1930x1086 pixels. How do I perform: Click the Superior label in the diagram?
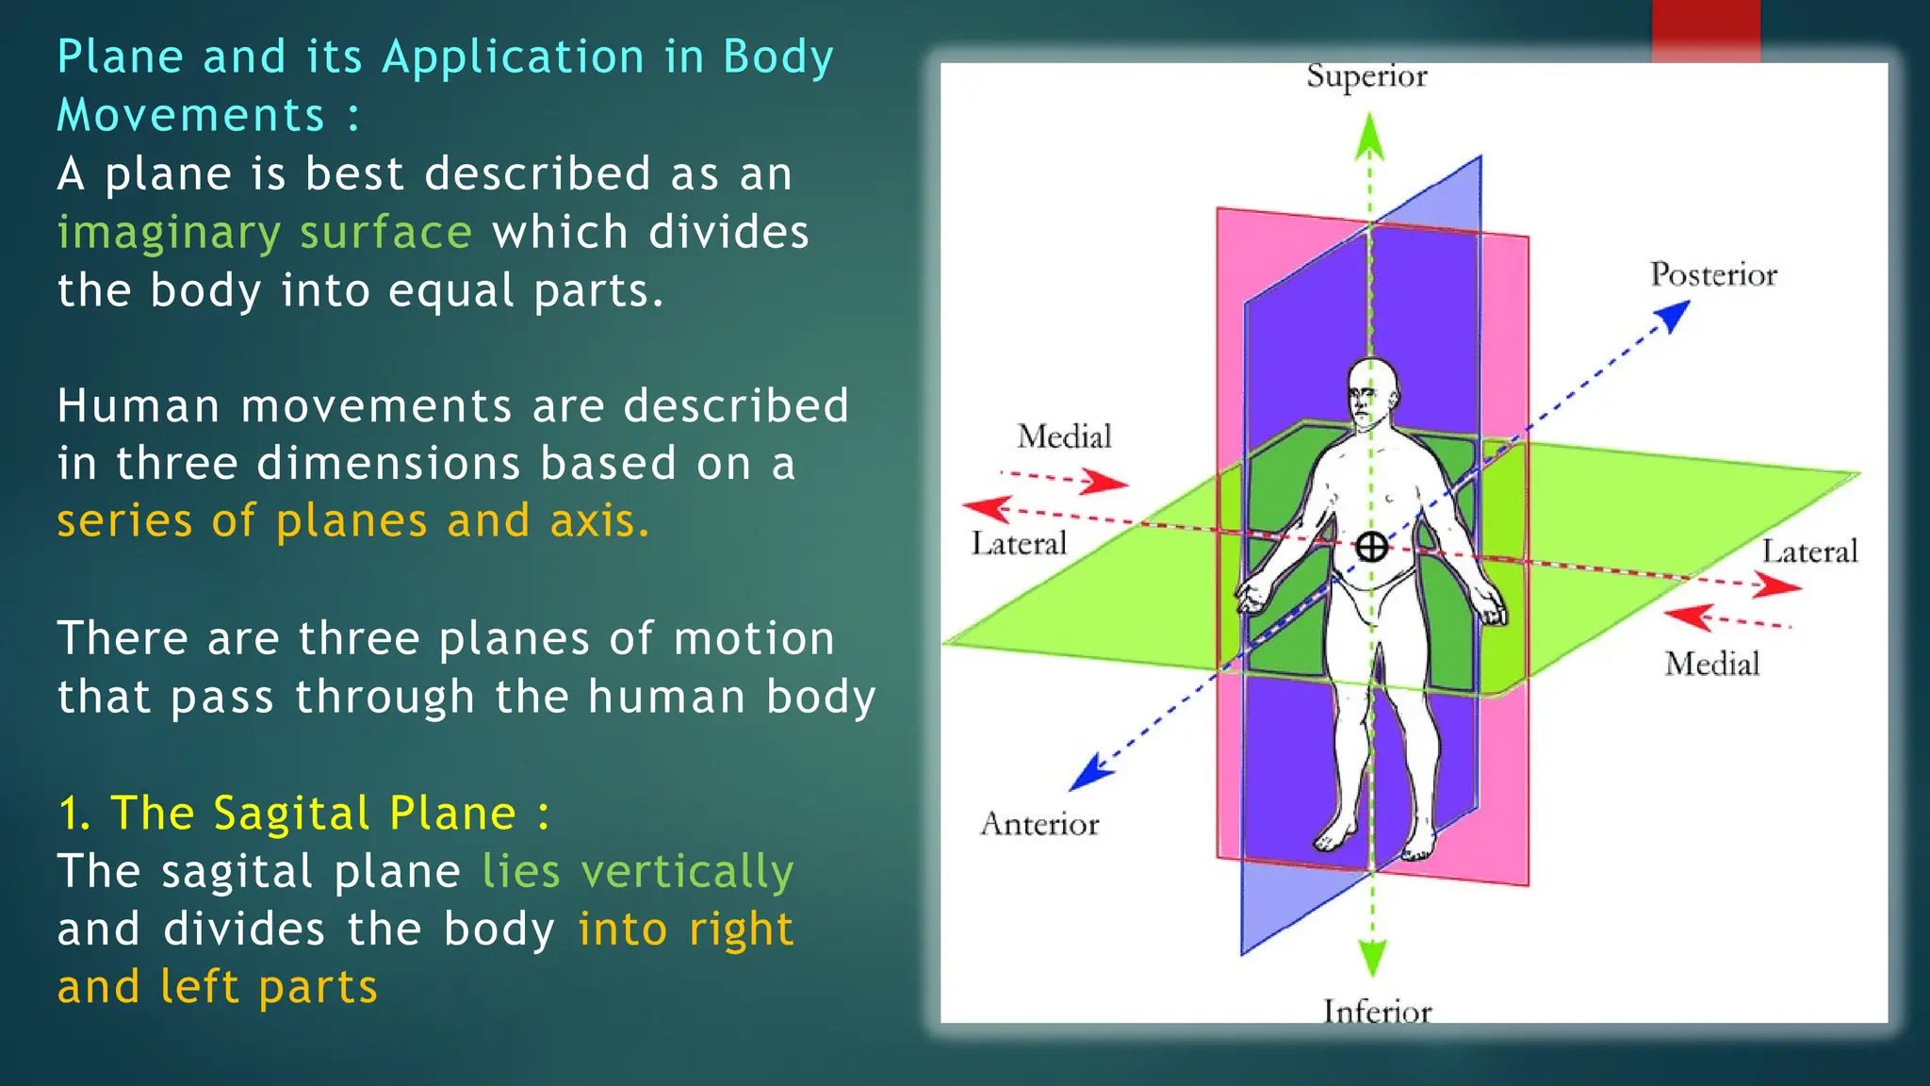coord(1366,76)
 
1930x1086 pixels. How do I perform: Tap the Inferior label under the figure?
coord(1377,1011)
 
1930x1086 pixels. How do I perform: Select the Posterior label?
coord(1713,274)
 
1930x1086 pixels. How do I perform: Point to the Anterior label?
coord(1039,824)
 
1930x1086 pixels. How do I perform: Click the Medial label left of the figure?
coord(1064,436)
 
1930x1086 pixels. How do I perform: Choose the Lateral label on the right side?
coord(1809,551)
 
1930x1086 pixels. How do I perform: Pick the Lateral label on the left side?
coord(1019,544)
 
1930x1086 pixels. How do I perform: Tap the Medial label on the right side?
coord(1711,664)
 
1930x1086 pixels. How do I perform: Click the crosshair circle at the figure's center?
coord(1371,547)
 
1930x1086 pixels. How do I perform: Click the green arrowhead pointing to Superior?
coord(1369,137)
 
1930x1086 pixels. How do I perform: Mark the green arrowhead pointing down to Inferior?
coord(1373,956)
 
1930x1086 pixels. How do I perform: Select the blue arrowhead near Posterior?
coord(1674,315)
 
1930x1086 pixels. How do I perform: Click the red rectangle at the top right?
coord(1706,31)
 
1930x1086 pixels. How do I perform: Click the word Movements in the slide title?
coord(190,116)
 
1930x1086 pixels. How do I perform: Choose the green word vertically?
coord(687,872)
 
